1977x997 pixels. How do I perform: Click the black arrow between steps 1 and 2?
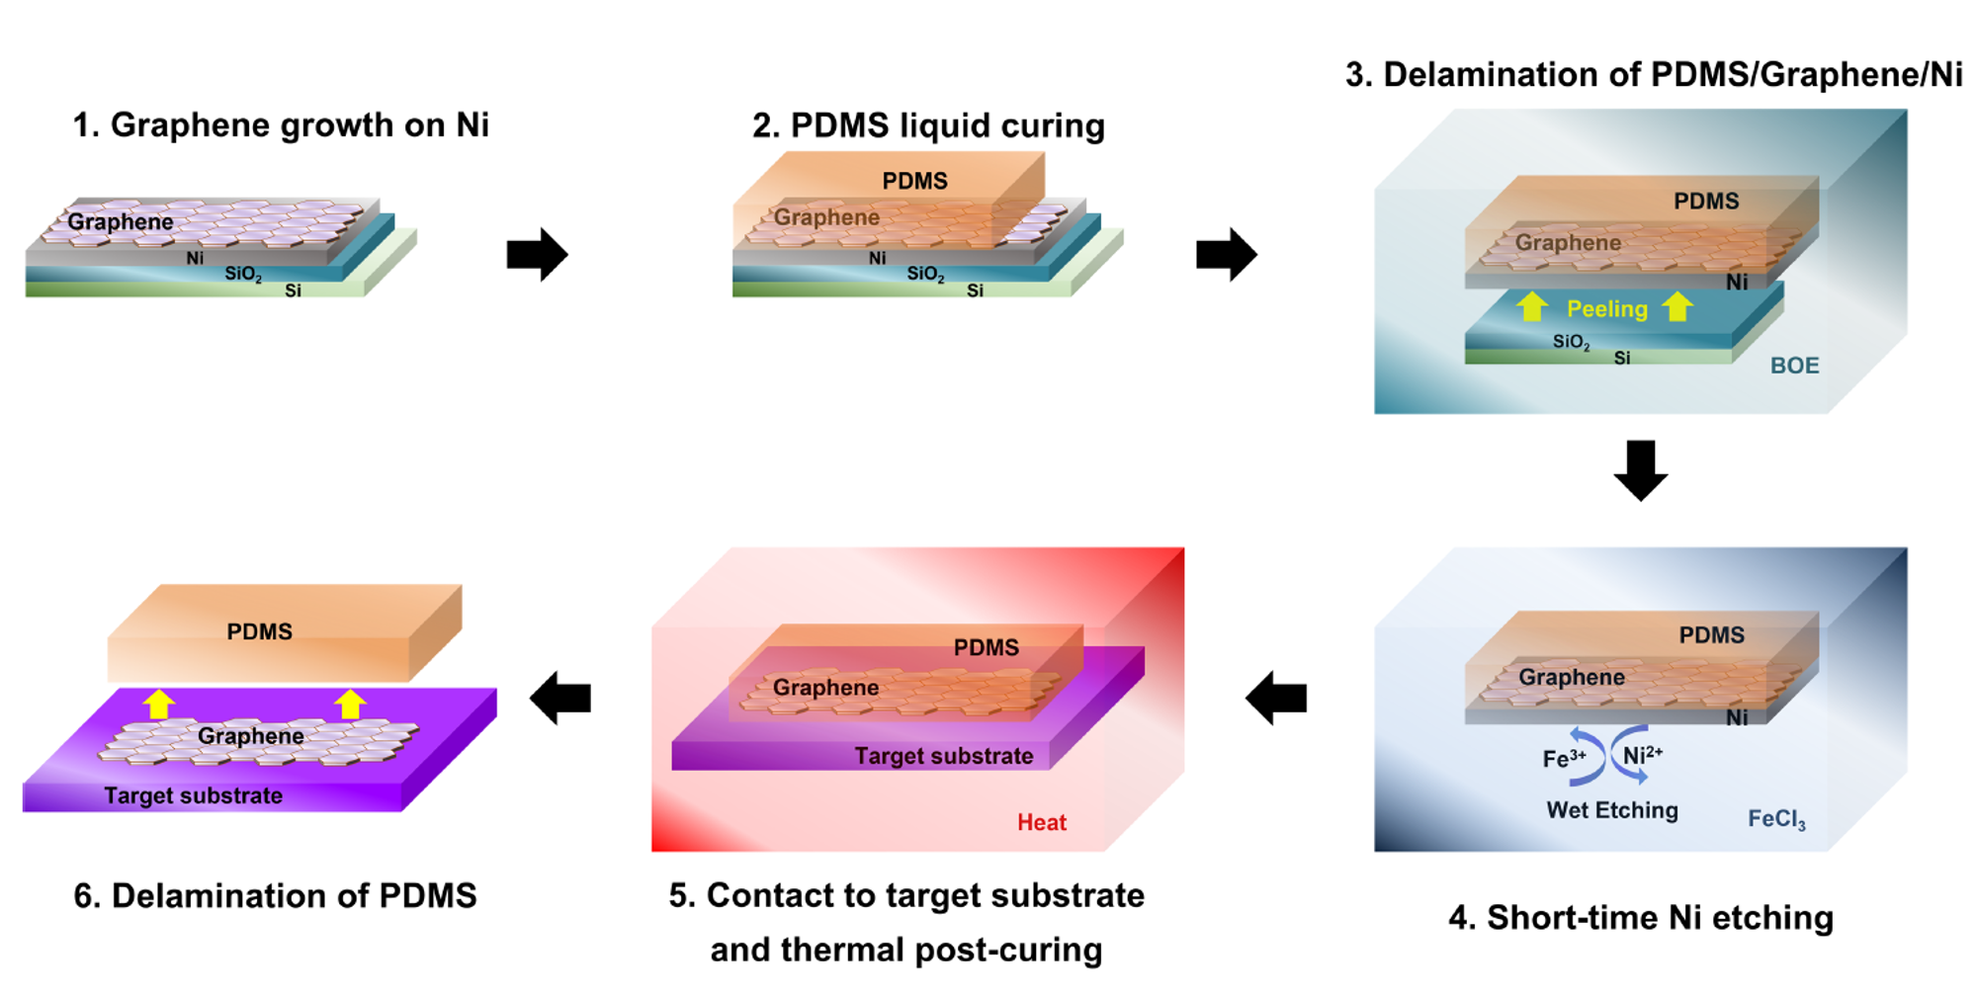537,255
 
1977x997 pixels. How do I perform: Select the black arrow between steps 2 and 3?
1226,255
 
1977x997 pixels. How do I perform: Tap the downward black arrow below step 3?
1641,470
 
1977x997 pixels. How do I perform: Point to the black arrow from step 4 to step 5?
1276,699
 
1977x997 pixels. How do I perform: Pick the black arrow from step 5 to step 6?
560,699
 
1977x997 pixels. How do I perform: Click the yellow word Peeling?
1607,309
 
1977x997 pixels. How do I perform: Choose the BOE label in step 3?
1794,366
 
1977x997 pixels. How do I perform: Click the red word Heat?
1042,822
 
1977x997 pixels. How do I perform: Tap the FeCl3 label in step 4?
1776,819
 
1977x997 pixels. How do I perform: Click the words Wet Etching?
1612,810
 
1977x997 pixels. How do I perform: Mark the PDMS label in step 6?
260,632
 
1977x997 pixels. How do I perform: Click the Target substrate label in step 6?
194,795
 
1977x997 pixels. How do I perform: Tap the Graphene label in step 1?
121,222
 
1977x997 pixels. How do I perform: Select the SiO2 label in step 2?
925,275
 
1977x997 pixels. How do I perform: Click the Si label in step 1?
293,291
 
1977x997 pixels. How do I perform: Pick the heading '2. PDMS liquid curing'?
928,125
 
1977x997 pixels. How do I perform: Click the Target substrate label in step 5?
944,756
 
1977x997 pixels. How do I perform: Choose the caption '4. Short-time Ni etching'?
1641,917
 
